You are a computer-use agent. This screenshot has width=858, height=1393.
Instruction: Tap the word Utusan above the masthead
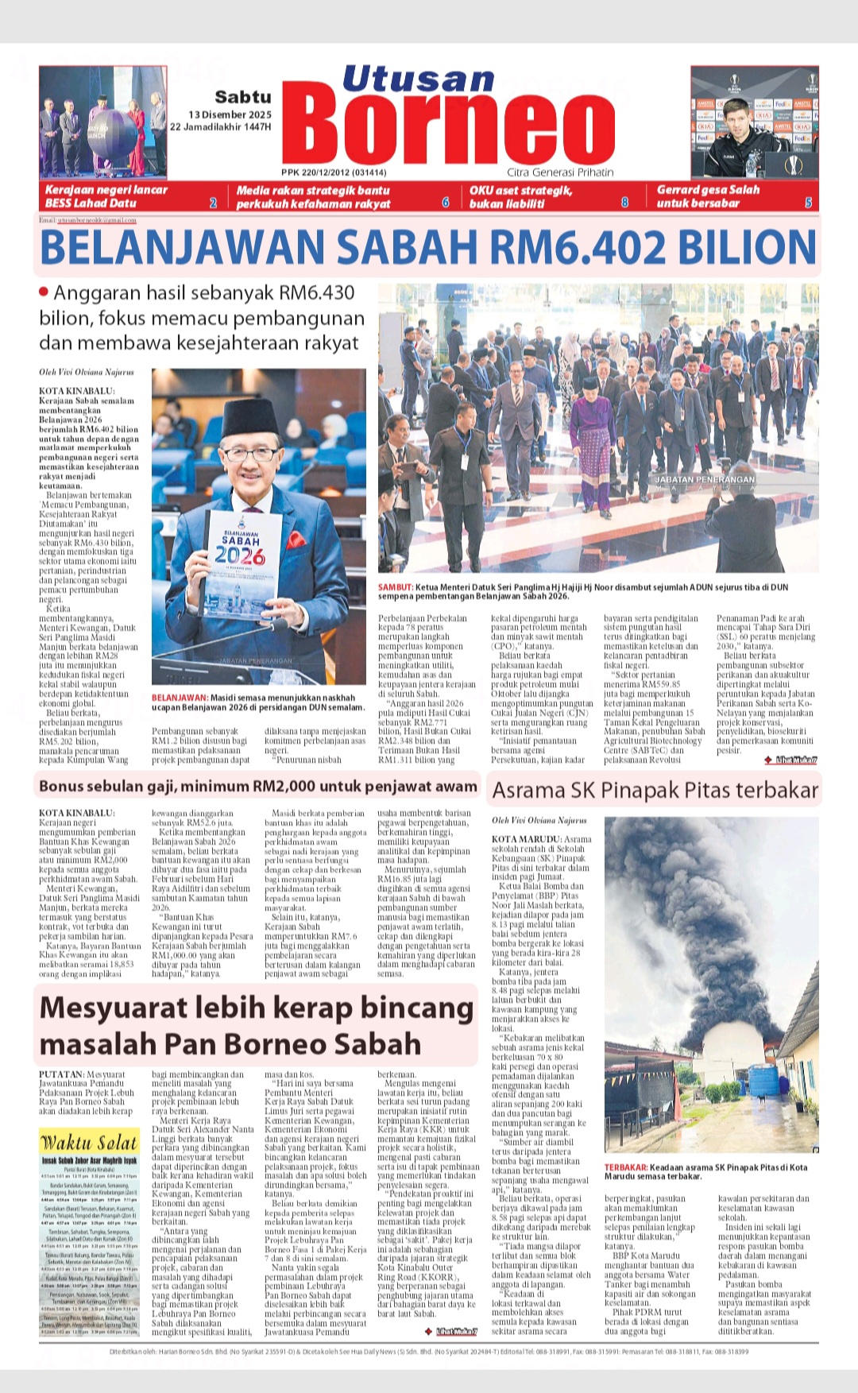click(x=419, y=79)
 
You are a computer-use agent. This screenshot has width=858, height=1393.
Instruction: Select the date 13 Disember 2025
click(x=230, y=114)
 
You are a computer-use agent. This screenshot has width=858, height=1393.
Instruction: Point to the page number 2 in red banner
click(x=213, y=203)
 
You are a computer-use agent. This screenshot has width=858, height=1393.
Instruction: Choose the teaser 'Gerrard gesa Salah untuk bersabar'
click(x=708, y=196)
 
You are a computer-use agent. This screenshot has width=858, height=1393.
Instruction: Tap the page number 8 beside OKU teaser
click(x=624, y=203)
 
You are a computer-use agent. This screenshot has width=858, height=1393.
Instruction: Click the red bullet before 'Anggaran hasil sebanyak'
click(x=44, y=292)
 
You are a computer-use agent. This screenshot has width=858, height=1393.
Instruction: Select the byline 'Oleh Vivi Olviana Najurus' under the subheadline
click(x=87, y=372)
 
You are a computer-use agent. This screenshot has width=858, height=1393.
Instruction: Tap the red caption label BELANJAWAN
click(x=179, y=698)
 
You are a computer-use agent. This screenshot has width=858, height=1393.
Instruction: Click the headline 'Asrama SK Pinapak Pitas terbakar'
click(x=655, y=790)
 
